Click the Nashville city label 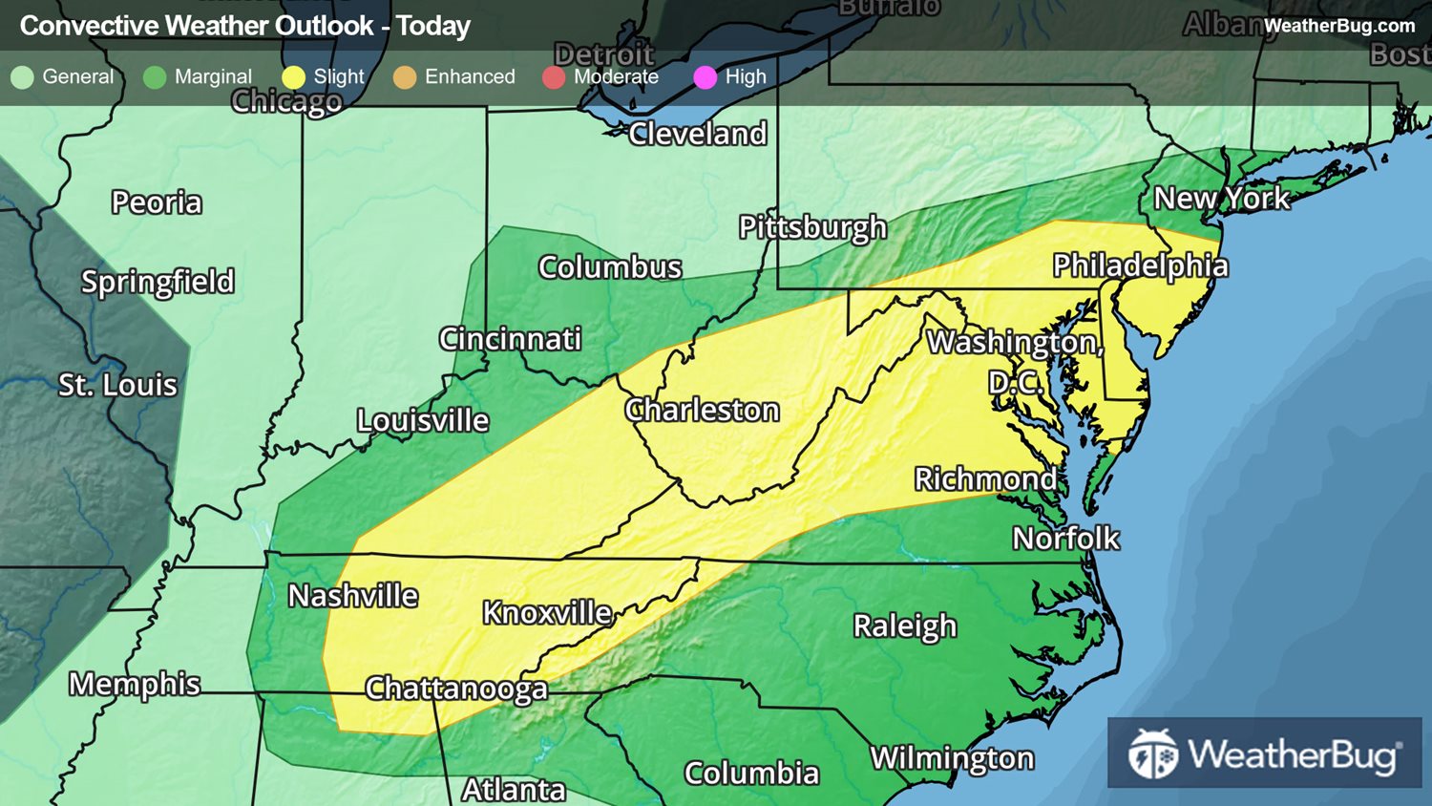click(x=353, y=596)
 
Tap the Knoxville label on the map click(x=546, y=613)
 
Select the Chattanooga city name click(x=456, y=689)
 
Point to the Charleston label click(x=702, y=411)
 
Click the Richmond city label click(x=985, y=479)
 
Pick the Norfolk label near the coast click(x=1065, y=539)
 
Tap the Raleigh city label click(x=904, y=626)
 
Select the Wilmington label click(x=952, y=758)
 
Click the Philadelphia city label click(x=1140, y=266)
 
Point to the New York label click(x=1222, y=199)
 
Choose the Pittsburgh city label click(x=812, y=227)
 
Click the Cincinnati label click(x=510, y=339)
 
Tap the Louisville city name click(x=422, y=420)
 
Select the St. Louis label click(x=117, y=385)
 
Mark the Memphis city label click(x=135, y=684)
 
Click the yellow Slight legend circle click(x=293, y=77)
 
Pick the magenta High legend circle click(x=705, y=77)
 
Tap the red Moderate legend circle click(x=554, y=77)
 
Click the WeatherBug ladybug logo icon click(x=1152, y=754)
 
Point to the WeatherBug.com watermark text click(x=1338, y=26)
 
